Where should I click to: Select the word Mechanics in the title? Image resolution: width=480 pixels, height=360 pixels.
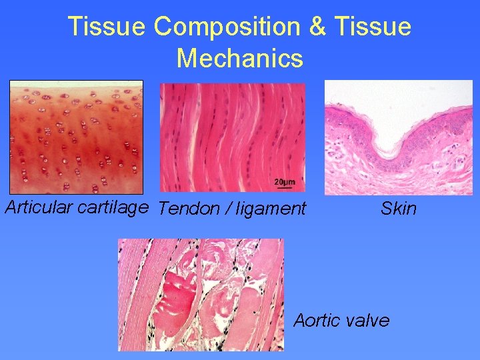tap(240, 59)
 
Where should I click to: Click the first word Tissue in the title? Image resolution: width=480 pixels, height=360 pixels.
tap(107, 27)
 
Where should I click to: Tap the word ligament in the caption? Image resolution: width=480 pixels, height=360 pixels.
tap(271, 209)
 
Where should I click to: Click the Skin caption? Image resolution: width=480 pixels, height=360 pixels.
tap(398, 209)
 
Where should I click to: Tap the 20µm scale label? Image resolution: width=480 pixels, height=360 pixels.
tap(285, 181)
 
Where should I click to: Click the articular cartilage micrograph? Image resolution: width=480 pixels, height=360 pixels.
tap(76, 137)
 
